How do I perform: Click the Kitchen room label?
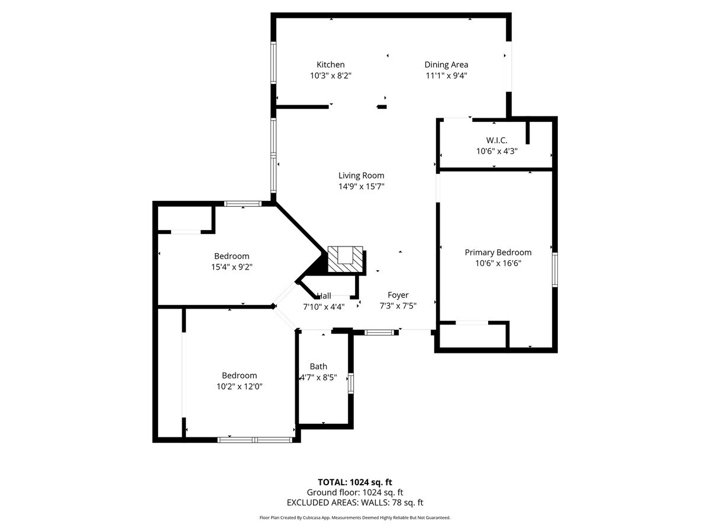point(330,64)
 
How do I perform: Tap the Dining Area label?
point(446,64)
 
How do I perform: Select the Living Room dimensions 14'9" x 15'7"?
point(361,186)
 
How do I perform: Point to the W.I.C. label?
point(496,140)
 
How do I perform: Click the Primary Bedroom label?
point(498,252)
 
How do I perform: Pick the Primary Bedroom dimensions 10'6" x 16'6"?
point(498,264)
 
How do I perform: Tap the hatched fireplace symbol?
point(346,258)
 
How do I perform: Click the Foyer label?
point(398,295)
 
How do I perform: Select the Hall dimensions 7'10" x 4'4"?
point(324,306)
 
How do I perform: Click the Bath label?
point(318,366)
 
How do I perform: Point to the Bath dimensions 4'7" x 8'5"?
point(318,378)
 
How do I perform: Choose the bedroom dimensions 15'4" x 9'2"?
point(231,267)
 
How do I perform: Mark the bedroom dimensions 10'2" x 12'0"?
point(239,386)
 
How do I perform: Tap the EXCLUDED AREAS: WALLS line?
point(355,502)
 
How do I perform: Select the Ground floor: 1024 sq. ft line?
point(355,492)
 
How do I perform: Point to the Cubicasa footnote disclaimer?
point(355,517)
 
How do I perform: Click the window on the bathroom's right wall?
point(351,383)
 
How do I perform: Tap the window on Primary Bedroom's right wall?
point(554,270)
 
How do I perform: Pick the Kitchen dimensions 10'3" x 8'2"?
point(330,75)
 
